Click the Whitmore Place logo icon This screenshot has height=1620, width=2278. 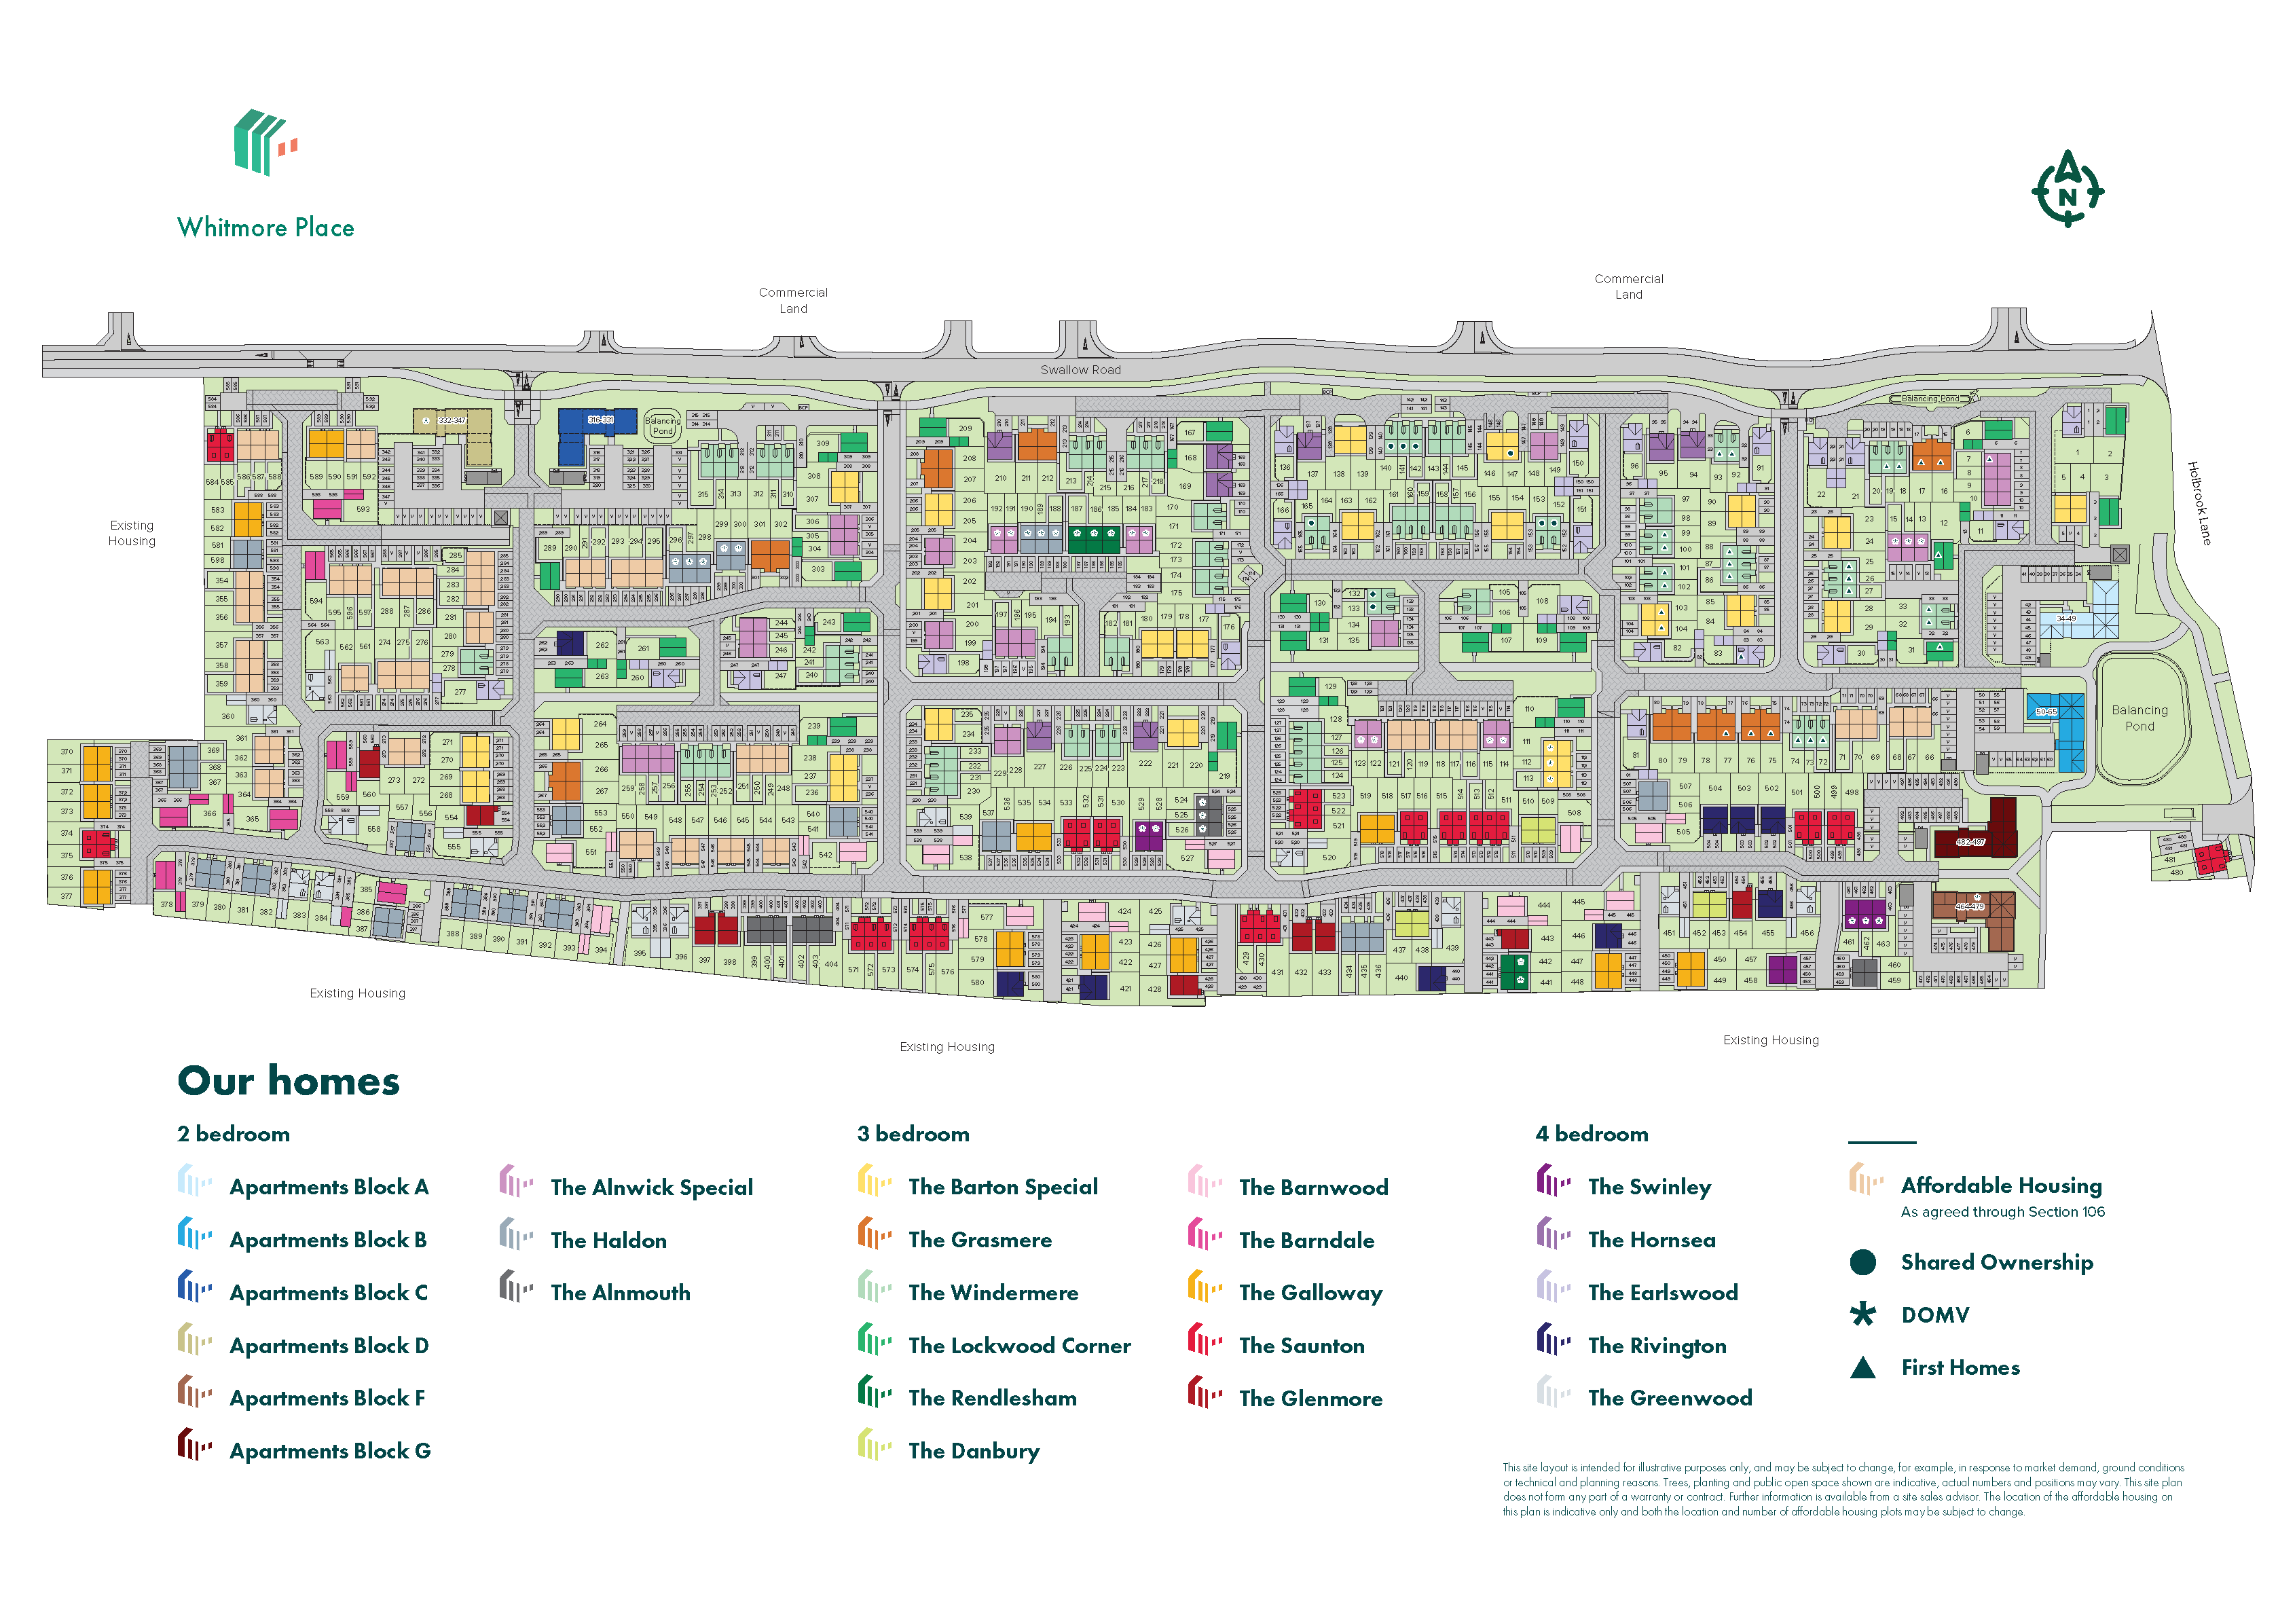point(264,143)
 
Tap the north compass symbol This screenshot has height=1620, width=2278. point(2067,189)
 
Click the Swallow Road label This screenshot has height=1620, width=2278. point(1080,370)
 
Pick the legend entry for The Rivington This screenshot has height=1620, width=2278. point(1655,1346)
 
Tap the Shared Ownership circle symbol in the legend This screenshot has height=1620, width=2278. point(1862,1263)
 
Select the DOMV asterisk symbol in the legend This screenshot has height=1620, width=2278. point(1862,1314)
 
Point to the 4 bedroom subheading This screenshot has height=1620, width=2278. point(1591,1134)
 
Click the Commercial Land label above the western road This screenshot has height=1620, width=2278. point(793,300)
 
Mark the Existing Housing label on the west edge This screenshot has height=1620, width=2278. point(132,533)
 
